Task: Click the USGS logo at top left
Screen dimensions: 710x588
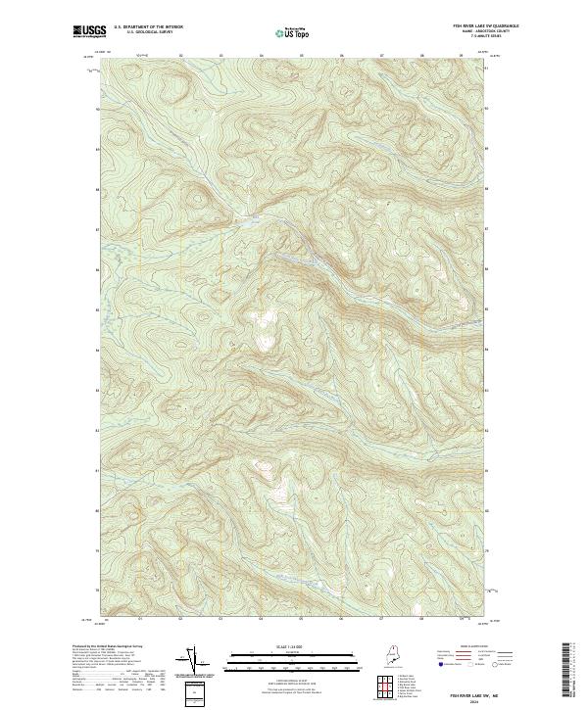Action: tap(87, 31)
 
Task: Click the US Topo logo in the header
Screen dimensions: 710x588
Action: tap(294, 32)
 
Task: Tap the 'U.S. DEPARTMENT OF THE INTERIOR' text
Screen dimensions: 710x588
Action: tap(148, 27)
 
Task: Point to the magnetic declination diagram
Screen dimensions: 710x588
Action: tap(191, 659)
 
